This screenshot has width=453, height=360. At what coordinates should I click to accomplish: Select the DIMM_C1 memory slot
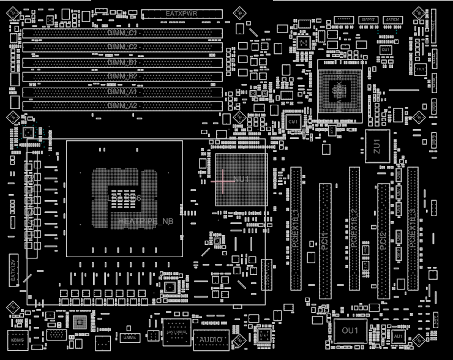[122, 32]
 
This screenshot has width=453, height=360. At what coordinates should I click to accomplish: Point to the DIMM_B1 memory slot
[122, 62]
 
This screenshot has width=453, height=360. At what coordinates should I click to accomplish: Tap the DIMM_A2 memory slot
[122, 106]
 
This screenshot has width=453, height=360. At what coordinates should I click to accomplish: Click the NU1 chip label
[241, 179]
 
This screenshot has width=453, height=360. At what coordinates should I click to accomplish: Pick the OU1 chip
[350, 331]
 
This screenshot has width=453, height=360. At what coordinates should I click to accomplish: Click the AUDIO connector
[211, 339]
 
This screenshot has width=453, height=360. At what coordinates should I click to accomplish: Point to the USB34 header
[130, 337]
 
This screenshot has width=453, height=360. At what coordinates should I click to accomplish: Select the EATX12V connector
[13, 270]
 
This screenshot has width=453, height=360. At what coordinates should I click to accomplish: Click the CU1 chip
[293, 122]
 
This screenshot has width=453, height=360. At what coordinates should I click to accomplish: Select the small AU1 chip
[398, 336]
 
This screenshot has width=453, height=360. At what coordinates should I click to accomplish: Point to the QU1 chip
[385, 49]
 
